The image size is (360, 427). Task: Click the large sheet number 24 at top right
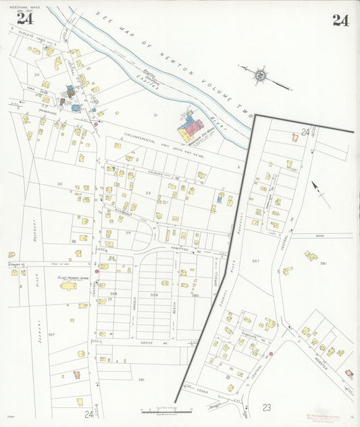(340, 20)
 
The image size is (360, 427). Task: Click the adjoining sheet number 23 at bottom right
(267, 407)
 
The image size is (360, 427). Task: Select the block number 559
(154, 295)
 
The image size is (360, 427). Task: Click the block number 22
(59, 184)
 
